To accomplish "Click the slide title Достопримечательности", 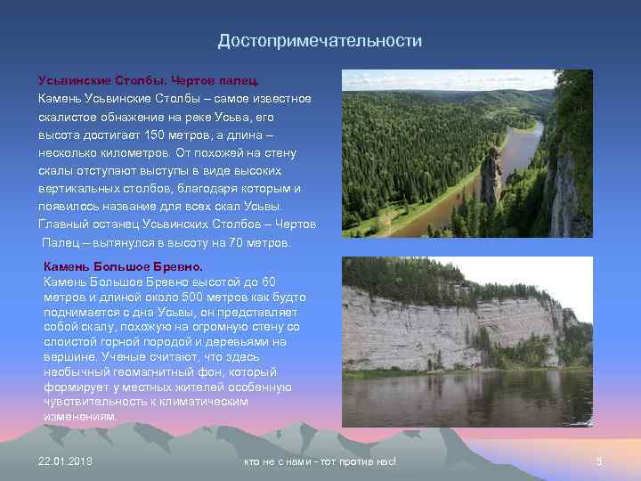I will click(x=320, y=41).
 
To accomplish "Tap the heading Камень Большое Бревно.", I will click(x=123, y=266).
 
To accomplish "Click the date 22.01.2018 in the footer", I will click(x=66, y=461).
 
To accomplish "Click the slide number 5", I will click(x=599, y=461).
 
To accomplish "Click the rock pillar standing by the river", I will click(x=489, y=178).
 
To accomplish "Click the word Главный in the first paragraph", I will click(x=64, y=224).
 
